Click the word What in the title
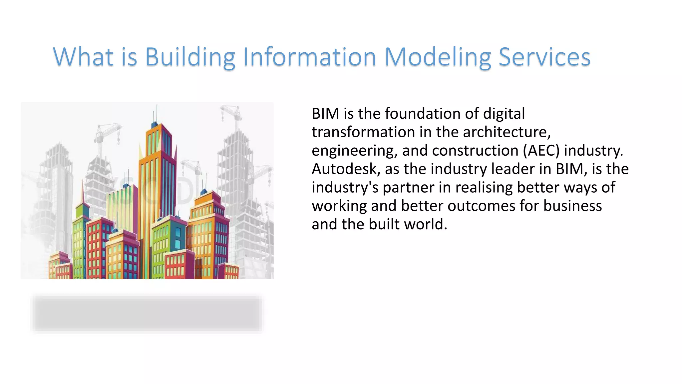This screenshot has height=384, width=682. (83, 57)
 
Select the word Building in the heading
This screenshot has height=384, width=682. (190, 57)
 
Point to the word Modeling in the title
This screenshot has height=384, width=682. (438, 57)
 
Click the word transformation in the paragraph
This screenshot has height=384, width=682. (363, 132)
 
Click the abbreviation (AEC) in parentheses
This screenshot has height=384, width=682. (541, 151)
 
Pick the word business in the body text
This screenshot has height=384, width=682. (572, 206)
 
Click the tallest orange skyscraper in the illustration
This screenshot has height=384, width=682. (158, 187)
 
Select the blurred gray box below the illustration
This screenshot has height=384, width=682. (147, 313)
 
